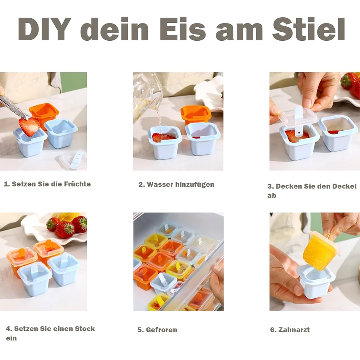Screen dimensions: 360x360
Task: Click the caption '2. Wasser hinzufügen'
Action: pyautogui.click(x=176, y=184)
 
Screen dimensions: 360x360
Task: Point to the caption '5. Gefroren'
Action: pyautogui.click(x=157, y=330)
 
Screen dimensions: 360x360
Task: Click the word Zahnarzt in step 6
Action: pyautogui.click(x=293, y=330)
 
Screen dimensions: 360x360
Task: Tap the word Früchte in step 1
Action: pyautogui.click(x=77, y=184)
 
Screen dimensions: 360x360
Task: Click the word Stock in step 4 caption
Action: pyautogui.click(x=85, y=329)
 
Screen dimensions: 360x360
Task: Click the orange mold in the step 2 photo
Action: pyautogui.click(x=195, y=114)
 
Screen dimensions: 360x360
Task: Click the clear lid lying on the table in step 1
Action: pyautogui.click(x=73, y=159)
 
